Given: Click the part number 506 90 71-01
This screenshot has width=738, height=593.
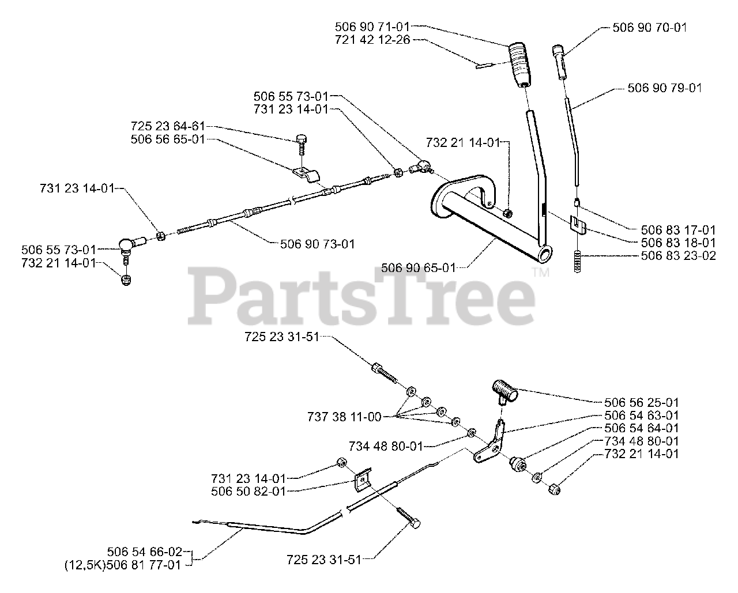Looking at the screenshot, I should click(372, 27).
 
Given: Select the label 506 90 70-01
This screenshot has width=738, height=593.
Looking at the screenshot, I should click(649, 27).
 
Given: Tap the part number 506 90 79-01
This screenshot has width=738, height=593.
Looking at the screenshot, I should click(664, 88).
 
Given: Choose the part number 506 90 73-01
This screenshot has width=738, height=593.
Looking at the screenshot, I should click(317, 244).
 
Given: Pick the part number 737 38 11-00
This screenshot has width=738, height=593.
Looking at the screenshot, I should click(344, 417).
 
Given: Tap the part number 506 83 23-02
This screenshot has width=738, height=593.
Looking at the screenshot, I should click(678, 255).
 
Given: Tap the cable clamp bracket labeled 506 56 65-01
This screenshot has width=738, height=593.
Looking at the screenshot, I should click(307, 173).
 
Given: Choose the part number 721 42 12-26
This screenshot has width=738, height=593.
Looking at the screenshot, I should click(372, 40).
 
